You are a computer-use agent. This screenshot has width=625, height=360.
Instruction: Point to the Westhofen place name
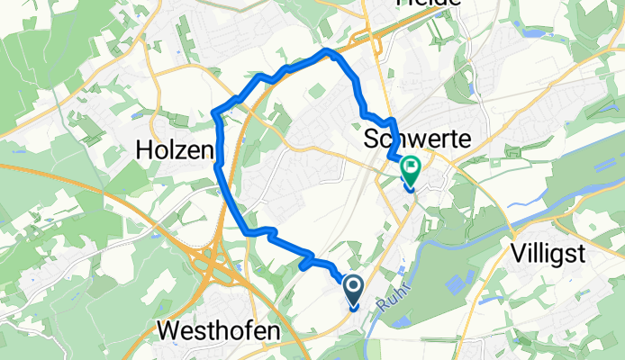[218, 331]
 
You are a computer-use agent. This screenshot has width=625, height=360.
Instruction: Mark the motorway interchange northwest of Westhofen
[214, 265]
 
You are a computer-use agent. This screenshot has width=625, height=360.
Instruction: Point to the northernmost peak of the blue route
[327, 52]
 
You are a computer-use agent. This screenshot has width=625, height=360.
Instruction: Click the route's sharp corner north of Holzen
[215, 112]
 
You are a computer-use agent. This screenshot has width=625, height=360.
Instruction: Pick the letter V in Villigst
[516, 253]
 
